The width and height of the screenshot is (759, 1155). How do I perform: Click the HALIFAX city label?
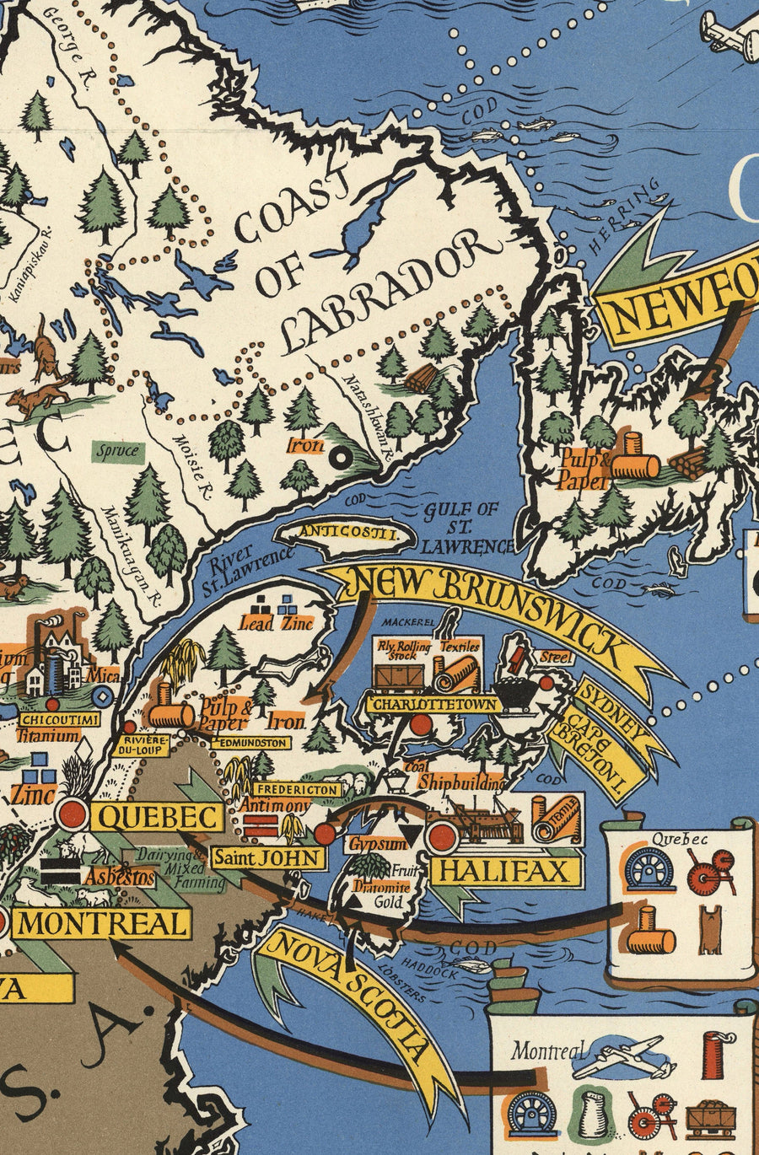[507, 870]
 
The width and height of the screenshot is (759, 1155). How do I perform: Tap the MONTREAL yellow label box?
[102, 922]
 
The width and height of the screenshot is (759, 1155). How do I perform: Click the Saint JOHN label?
[267, 858]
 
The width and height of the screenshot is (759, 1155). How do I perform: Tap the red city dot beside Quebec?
[72, 814]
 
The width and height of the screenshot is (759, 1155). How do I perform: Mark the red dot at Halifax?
[441, 837]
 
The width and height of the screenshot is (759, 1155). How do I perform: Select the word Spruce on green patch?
[116, 451]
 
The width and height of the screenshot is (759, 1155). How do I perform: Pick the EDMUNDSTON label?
[250, 743]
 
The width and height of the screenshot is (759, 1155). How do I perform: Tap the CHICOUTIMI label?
[58, 719]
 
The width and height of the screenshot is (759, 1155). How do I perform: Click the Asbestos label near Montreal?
[124, 878]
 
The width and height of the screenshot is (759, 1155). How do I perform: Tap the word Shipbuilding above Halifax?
[460, 782]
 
